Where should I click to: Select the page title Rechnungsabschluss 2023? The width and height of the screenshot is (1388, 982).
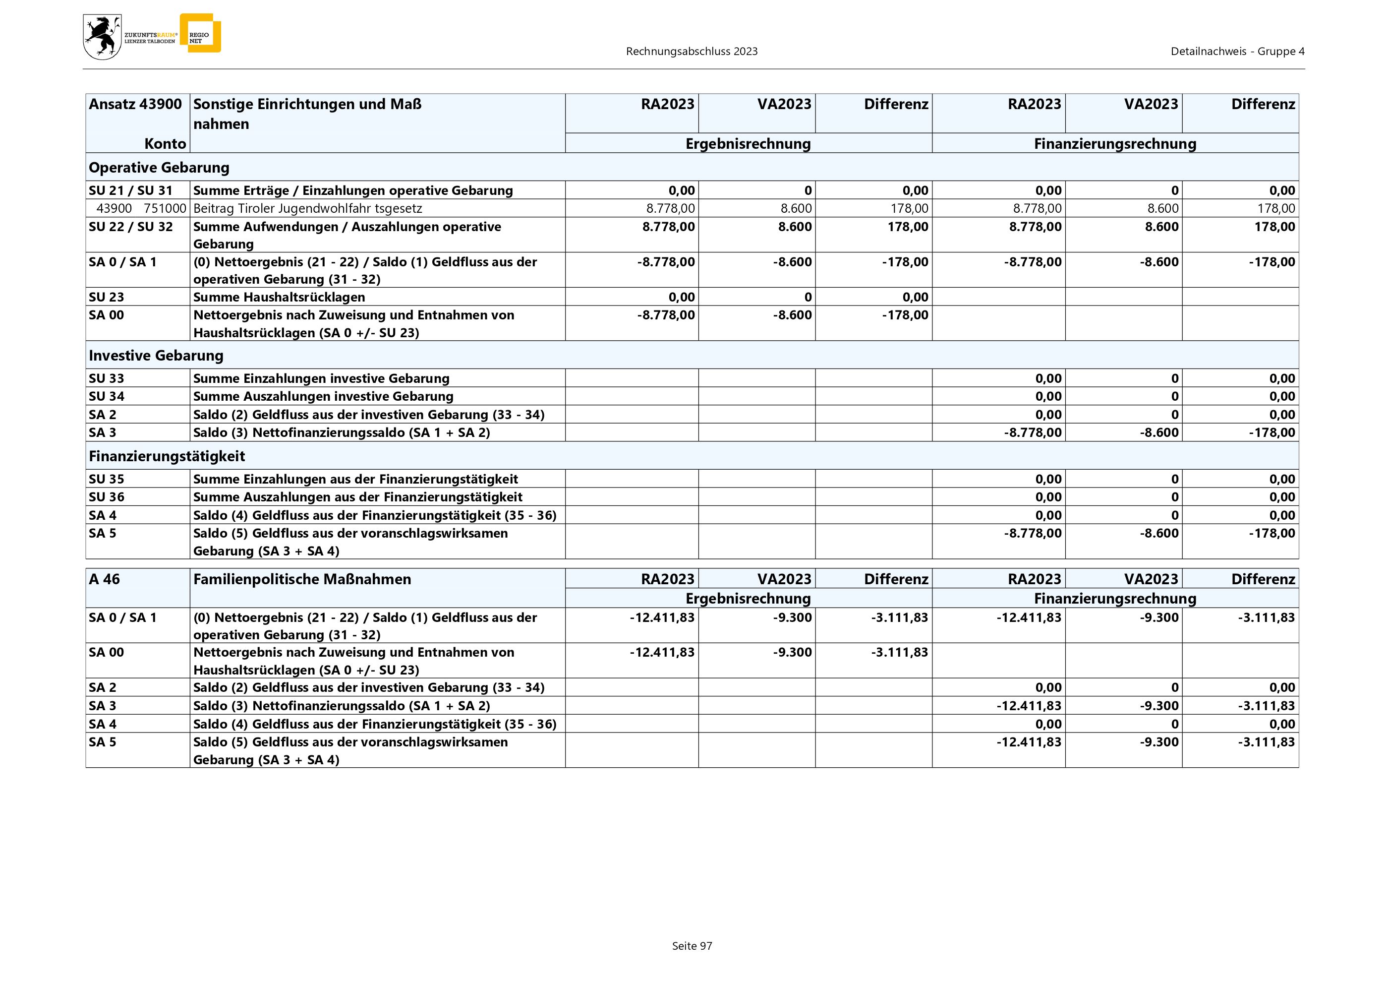click(692, 52)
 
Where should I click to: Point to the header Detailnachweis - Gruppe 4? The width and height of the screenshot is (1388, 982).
click(1237, 52)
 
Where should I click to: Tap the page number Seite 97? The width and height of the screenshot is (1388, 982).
click(692, 946)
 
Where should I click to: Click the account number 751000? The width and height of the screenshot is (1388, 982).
click(165, 209)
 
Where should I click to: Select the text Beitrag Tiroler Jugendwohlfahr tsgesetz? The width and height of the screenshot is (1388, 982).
click(307, 209)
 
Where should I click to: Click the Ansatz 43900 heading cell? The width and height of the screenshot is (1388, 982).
click(135, 104)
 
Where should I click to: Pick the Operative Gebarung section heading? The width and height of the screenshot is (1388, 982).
click(159, 168)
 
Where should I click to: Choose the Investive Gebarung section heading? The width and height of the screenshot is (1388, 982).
click(156, 356)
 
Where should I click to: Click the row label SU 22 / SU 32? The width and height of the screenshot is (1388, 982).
click(130, 227)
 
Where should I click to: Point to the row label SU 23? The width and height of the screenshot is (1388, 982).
click(107, 297)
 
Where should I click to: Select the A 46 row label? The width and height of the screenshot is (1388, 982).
click(105, 579)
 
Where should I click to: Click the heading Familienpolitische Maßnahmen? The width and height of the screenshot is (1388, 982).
click(302, 579)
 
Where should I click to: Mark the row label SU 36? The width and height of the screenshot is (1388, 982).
click(107, 497)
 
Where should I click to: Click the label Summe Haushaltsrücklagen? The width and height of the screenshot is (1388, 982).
click(279, 297)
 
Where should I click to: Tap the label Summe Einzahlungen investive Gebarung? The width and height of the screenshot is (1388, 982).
click(321, 378)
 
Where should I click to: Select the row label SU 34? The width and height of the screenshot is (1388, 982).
click(107, 397)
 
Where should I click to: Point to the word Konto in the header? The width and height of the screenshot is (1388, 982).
click(165, 144)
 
